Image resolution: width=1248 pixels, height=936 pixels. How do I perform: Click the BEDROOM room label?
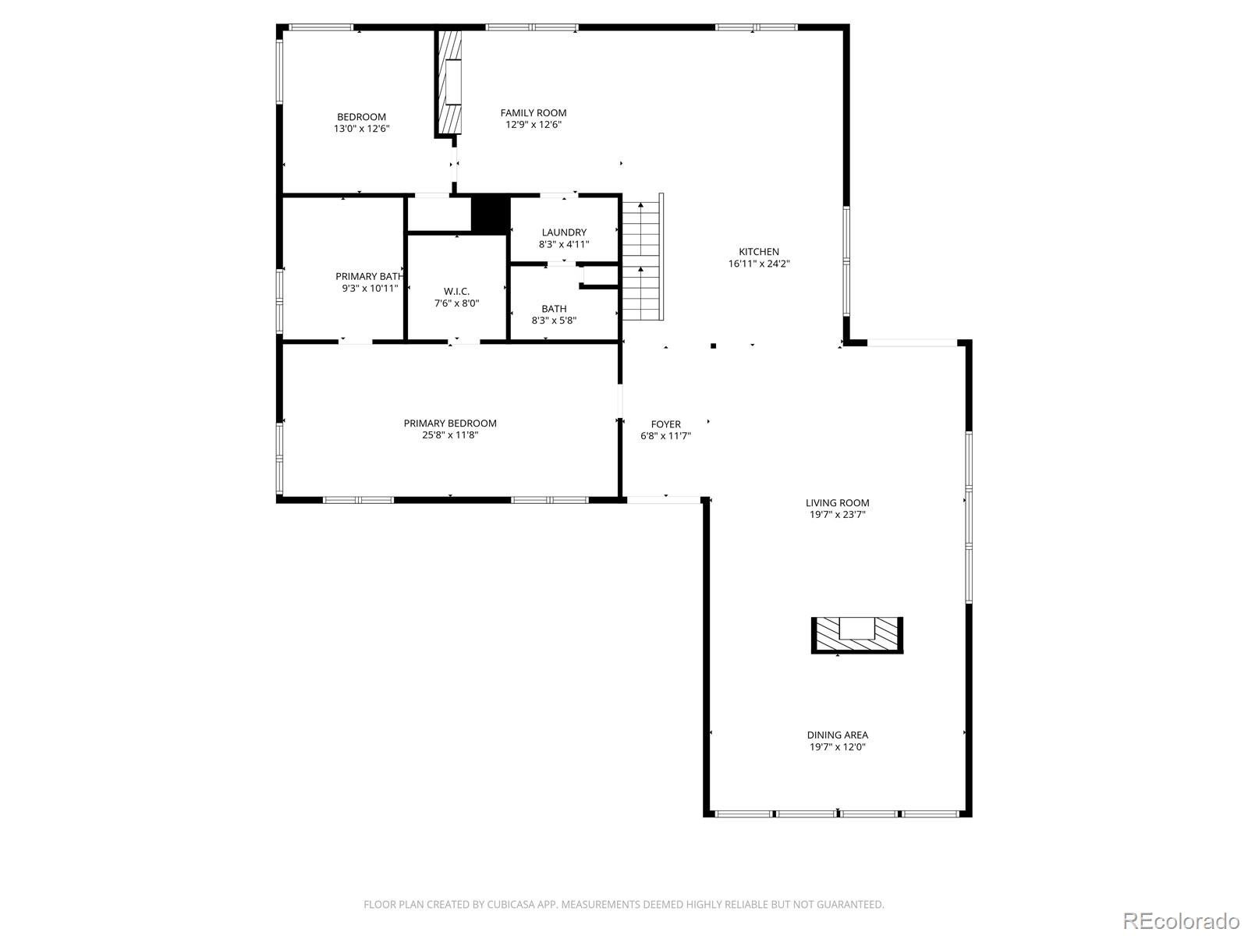pos(361,117)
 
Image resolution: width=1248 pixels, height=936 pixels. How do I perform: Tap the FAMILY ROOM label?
pos(533,113)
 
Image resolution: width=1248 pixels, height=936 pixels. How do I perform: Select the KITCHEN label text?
pos(758,252)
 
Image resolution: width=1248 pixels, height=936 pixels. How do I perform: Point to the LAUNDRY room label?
pos(563,232)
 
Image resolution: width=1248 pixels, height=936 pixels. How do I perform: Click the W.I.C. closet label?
pos(456,292)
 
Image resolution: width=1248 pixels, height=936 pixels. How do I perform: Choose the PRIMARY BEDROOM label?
pos(450,424)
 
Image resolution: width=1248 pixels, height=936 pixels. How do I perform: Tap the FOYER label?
pos(665,424)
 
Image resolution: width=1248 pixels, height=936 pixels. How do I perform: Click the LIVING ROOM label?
pos(837,503)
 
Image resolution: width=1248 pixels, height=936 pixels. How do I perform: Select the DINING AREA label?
pos(837,736)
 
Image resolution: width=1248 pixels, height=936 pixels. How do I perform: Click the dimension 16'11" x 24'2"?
pos(758,264)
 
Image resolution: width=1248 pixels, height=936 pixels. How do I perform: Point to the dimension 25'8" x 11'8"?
pos(450,435)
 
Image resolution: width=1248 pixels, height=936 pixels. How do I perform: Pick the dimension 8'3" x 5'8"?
pos(554,321)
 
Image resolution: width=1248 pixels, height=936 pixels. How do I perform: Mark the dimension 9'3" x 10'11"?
pos(370,289)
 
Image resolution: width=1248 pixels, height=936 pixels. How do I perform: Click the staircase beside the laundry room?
pos(643,257)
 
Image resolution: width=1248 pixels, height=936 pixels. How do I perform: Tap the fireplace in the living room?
pos(856,636)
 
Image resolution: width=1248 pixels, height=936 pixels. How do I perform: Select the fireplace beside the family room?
pos(448,83)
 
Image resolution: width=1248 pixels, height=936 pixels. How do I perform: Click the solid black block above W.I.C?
pos(490,214)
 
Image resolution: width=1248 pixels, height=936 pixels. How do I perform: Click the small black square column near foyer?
pos(713,346)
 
